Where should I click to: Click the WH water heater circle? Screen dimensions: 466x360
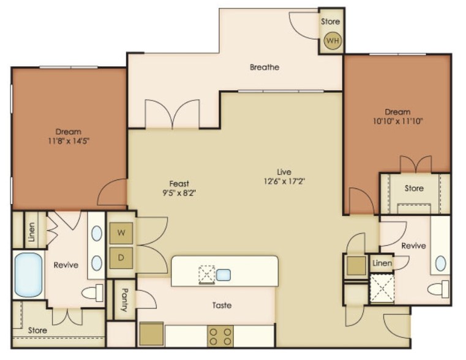click(x=333, y=40)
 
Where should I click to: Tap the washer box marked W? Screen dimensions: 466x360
click(x=121, y=233)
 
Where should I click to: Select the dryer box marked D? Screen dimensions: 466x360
click(x=121, y=258)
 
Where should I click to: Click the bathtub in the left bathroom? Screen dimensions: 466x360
click(x=28, y=275)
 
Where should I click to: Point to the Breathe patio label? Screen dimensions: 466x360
click(x=264, y=67)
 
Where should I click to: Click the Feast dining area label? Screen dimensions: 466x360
click(x=179, y=184)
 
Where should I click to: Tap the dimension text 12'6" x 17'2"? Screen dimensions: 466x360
click(x=284, y=181)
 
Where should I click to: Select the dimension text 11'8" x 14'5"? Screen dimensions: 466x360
click(x=69, y=141)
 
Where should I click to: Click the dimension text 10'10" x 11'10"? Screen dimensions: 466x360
click(x=398, y=121)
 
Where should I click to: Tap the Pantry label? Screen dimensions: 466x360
click(x=125, y=299)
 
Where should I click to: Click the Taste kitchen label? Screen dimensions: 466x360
click(x=222, y=305)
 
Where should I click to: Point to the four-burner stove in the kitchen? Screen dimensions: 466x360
click(x=220, y=336)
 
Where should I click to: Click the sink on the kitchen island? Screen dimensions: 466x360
click(x=223, y=275)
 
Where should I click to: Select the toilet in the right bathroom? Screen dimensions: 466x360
click(x=438, y=289)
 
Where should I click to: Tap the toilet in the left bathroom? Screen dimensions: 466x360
click(x=92, y=293)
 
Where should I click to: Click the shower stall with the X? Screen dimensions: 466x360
click(x=382, y=288)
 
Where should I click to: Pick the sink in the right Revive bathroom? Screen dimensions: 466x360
click(x=441, y=263)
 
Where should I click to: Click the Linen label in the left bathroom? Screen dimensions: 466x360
click(x=31, y=231)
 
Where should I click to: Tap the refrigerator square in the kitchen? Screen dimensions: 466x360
click(x=151, y=334)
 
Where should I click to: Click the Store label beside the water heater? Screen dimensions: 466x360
click(x=331, y=21)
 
